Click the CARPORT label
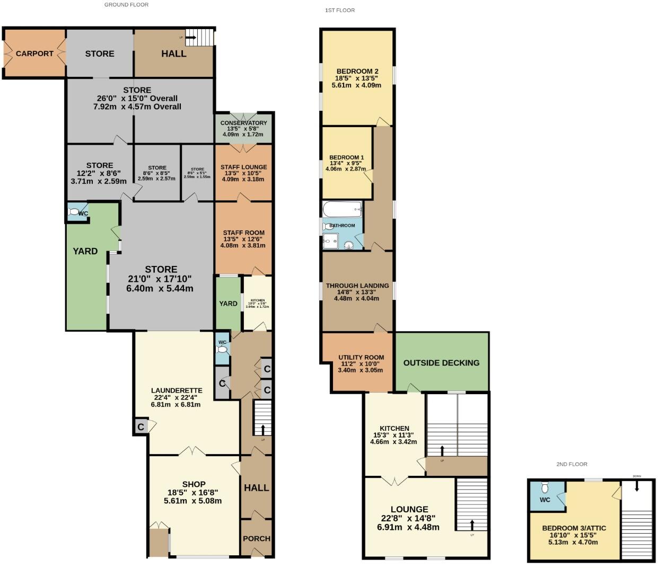pos(34,54)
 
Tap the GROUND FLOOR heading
pos(126,5)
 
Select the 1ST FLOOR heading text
pos(340,10)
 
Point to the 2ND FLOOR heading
pos(572,464)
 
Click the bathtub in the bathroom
pos(342,210)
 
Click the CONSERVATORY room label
pos(243,123)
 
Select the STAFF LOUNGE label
pos(243,167)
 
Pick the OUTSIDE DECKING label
pos(441,363)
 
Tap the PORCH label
pos(257,538)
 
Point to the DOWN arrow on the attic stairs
pos(637,484)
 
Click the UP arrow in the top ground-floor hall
pos(190,38)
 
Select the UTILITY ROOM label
pos(361,358)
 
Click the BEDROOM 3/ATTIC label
pos(574,528)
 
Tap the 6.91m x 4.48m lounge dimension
pos(409,527)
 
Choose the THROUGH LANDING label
pos(357,286)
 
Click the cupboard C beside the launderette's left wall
pos(141,427)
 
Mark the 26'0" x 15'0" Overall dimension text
pos(137,99)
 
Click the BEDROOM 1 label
pos(346,157)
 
